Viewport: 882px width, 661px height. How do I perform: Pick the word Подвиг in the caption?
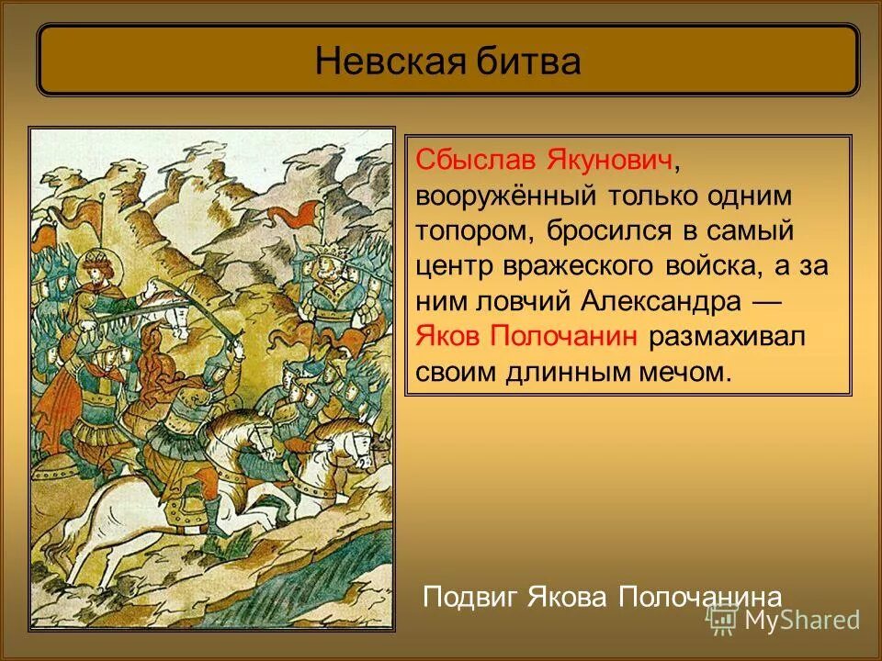point(470,597)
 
